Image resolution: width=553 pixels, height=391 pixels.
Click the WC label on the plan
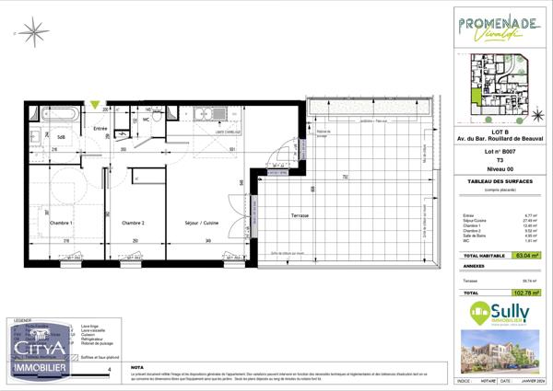146,119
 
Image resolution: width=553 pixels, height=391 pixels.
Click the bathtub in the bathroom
56,115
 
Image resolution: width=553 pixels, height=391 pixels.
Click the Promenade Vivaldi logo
499,29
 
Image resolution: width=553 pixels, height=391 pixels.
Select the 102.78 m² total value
525,293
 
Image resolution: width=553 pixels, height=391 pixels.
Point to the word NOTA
137,366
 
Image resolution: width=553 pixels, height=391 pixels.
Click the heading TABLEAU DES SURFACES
499,182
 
